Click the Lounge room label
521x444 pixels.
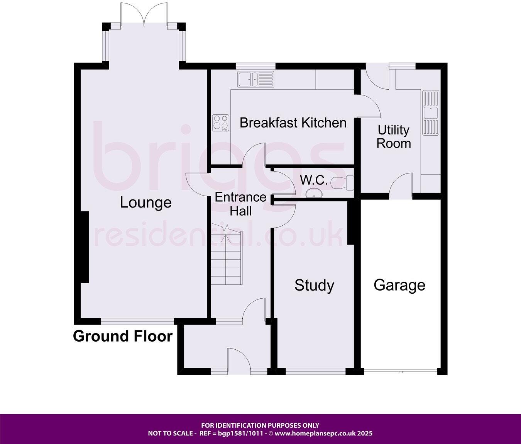click(145, 202)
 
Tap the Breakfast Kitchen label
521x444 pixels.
click(293, 123)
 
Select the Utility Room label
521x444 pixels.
click(393, 137)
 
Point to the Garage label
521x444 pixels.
click(399, 285)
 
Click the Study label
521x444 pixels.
click(314, 286)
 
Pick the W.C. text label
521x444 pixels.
click(314, 180)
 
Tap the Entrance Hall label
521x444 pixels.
click(240, 204)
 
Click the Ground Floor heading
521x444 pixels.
click(122, 336)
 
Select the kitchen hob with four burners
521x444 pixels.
click(221, 122)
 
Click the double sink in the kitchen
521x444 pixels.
click(255, 79)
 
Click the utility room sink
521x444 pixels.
click(430, 112)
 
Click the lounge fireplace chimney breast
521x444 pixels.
click(85, 247)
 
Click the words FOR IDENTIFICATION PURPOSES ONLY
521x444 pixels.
click(260, 425)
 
